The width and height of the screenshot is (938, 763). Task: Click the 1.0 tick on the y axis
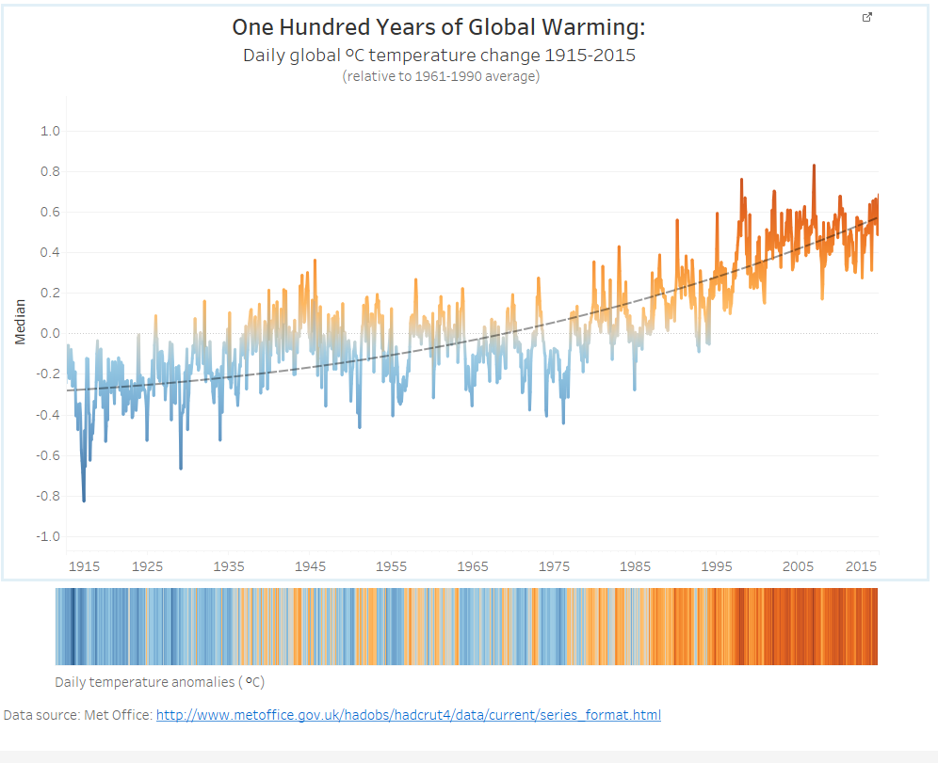50,131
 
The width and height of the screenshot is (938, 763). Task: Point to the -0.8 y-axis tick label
48,496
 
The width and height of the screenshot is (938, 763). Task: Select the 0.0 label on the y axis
50,333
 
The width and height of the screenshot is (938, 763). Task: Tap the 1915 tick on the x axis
85,566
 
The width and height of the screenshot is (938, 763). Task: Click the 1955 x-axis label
391,566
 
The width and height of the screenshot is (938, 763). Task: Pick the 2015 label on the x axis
861,566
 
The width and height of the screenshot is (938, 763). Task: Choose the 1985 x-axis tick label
636,566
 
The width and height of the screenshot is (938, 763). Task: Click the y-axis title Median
21,322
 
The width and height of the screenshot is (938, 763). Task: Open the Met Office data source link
409,715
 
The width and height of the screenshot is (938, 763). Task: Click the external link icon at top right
866,17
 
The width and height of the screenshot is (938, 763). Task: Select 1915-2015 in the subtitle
590,56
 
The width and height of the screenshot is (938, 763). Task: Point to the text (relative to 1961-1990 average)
441,76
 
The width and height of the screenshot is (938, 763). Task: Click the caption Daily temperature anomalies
145,682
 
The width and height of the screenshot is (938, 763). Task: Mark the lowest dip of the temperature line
84,501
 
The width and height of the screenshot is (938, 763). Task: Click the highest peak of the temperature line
814,167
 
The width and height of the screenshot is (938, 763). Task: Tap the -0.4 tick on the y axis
48,415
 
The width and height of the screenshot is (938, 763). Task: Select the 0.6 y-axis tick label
50,212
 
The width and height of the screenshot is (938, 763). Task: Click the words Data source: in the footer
41,715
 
